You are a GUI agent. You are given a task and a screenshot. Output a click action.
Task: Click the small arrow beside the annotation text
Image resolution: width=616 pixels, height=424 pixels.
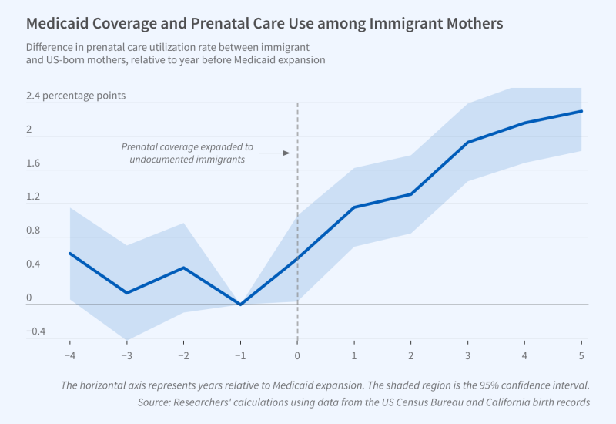coord(273,153)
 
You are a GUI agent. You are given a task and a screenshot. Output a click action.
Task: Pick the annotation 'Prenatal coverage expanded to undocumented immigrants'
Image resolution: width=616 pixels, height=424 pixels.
coord(187,153)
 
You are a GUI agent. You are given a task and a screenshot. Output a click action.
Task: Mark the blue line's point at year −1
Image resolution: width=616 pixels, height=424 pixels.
coord(240,305)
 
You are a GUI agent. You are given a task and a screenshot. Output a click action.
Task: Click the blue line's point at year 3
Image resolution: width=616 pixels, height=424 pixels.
coord(467,143)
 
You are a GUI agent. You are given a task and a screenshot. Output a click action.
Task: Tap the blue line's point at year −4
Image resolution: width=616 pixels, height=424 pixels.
coord(70,253)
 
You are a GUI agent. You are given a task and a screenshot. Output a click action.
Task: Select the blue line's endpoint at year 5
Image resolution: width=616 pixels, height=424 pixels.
coord(581,111)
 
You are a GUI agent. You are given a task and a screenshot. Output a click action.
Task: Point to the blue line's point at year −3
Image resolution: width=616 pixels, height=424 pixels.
coord(126,293)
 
